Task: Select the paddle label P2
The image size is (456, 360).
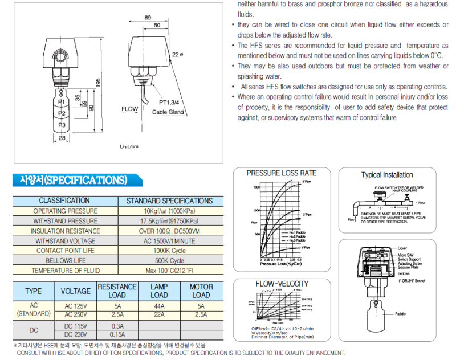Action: click(x=62, y=113)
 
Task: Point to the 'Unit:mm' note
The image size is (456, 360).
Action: click(x=129, y=146)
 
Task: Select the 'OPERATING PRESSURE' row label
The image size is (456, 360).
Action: click(x=64, y=211)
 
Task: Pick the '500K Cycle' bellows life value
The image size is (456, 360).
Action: click(x=169, y=260)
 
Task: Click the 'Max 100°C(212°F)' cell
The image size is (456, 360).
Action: click(x=169, y=271)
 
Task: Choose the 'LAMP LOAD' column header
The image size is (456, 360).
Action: click(x=159, y=291)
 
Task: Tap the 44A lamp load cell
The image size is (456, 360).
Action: click(x=159, y=306)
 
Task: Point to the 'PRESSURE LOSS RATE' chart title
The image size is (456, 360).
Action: click(x=281, y=173)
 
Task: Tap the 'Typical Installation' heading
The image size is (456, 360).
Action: click(x=387, y=175)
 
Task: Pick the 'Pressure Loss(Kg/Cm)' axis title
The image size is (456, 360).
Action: click(x=280, y=264)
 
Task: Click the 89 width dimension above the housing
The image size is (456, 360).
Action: click(x=148, y=18)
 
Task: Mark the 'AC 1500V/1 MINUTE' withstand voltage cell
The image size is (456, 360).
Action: click(x=169, y=240)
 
